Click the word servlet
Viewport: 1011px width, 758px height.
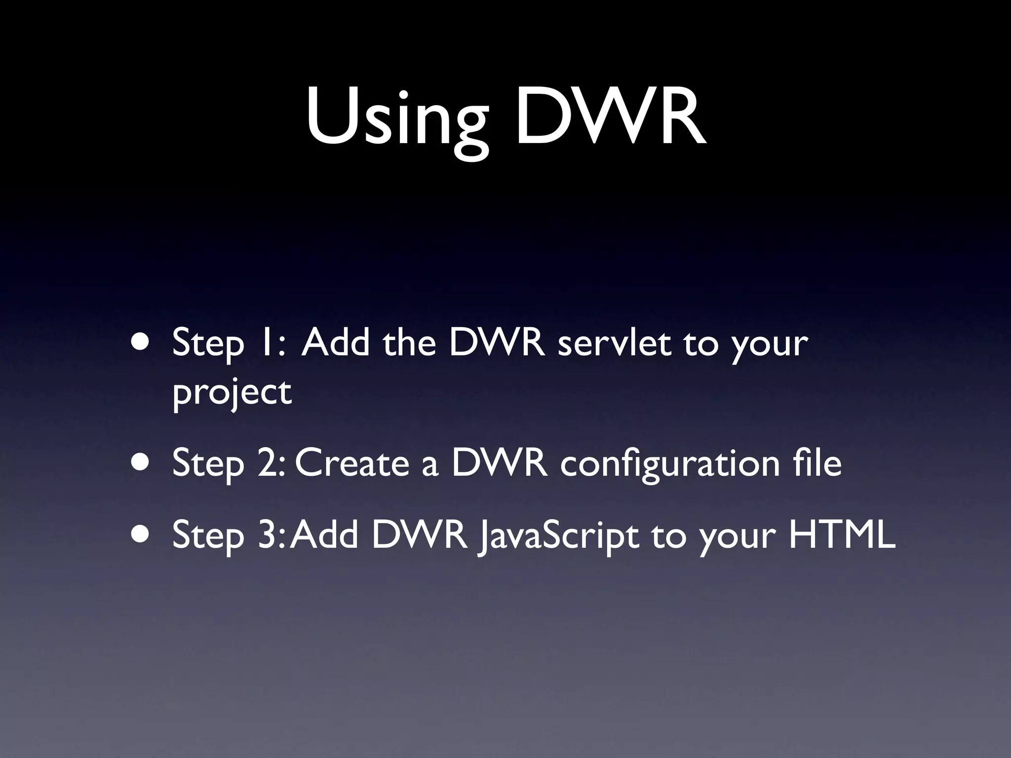(614, 342)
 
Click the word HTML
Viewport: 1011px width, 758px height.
(842, 534)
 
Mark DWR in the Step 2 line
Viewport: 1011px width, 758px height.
(499, 463)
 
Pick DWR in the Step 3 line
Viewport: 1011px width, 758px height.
(420, 535)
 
